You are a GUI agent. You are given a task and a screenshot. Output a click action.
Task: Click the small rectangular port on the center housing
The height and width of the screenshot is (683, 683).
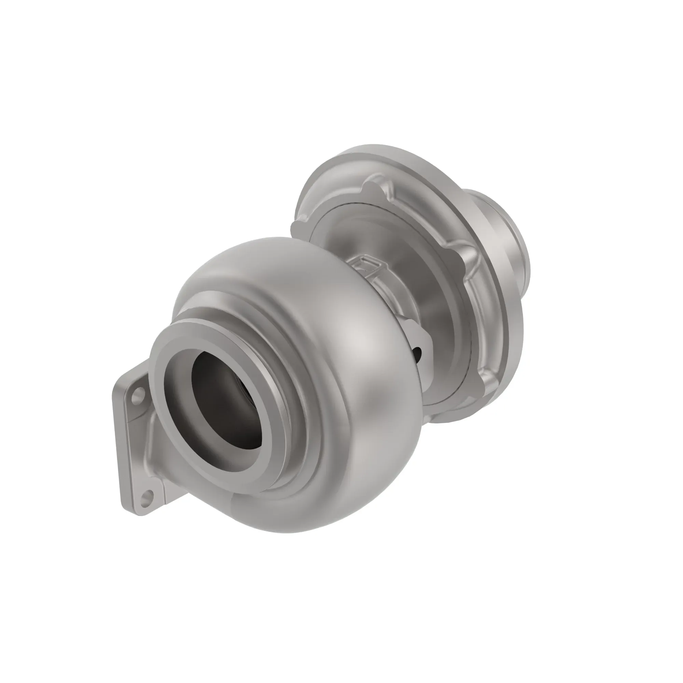pyautogui.click(x=366, y=263)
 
